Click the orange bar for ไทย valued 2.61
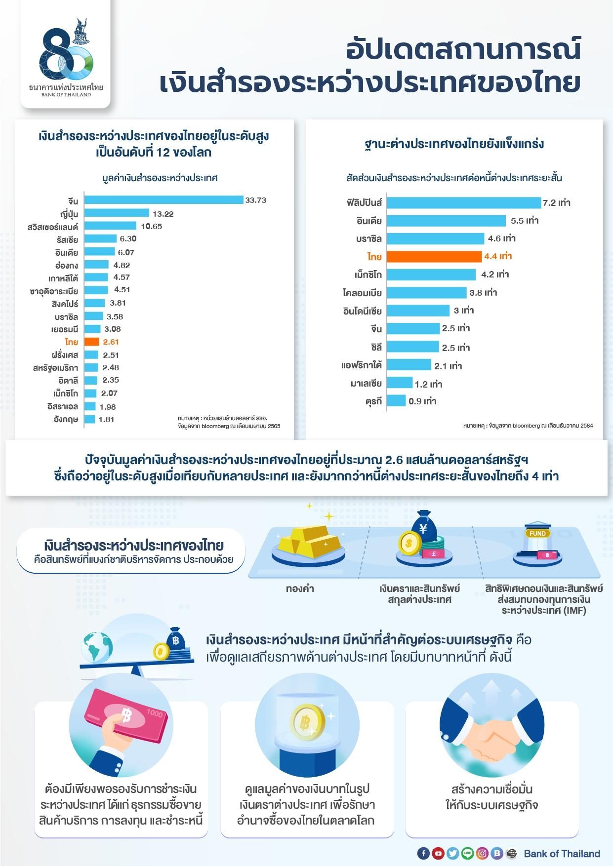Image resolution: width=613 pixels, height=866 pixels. coord(92,342)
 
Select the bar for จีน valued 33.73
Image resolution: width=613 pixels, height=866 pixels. coord(163,200)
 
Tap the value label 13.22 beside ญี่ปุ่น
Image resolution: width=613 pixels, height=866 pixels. coord(163,214)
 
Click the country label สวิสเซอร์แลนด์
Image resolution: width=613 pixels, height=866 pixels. coord(53,227)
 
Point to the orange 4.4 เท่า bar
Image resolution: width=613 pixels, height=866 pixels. coord(434,256)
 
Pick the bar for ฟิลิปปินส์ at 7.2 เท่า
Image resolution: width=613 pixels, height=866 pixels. coord(463,202)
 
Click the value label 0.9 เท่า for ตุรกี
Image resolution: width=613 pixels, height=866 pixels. coord(422,401)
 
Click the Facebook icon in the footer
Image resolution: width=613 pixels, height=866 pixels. coord(423,853)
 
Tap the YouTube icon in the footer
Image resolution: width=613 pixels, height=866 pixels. coord(438,853)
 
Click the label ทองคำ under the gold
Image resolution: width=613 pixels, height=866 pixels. coord(300,589)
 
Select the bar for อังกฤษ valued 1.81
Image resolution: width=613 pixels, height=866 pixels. coord(89,419)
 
